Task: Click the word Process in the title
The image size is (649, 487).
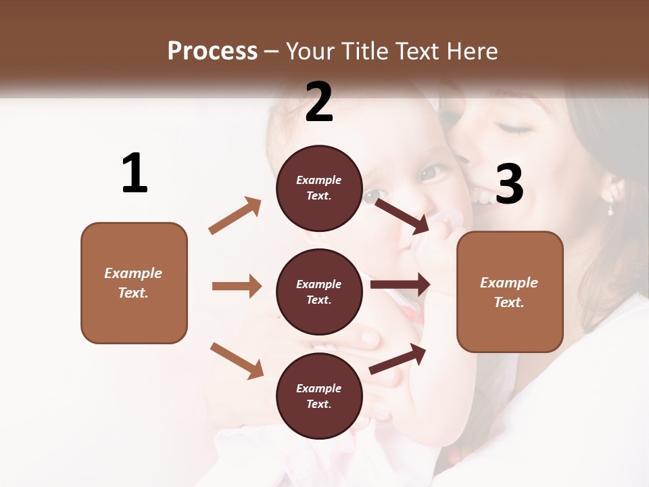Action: tap(212, 51)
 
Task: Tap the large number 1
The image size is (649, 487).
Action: tap(135, 174)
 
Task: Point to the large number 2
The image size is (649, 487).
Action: tap(319, 102)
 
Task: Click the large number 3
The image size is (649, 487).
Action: tap(509, 184)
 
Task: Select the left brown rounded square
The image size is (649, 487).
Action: tap(134, 283)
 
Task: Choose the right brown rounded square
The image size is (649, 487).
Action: tap(510, 292)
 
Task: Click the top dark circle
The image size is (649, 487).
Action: tap(319, 188)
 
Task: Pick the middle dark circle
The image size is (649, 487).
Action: tap(319, 292)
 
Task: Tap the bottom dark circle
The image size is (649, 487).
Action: tap(319, 396)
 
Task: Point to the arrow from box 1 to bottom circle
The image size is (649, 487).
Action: tap(237, 361)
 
